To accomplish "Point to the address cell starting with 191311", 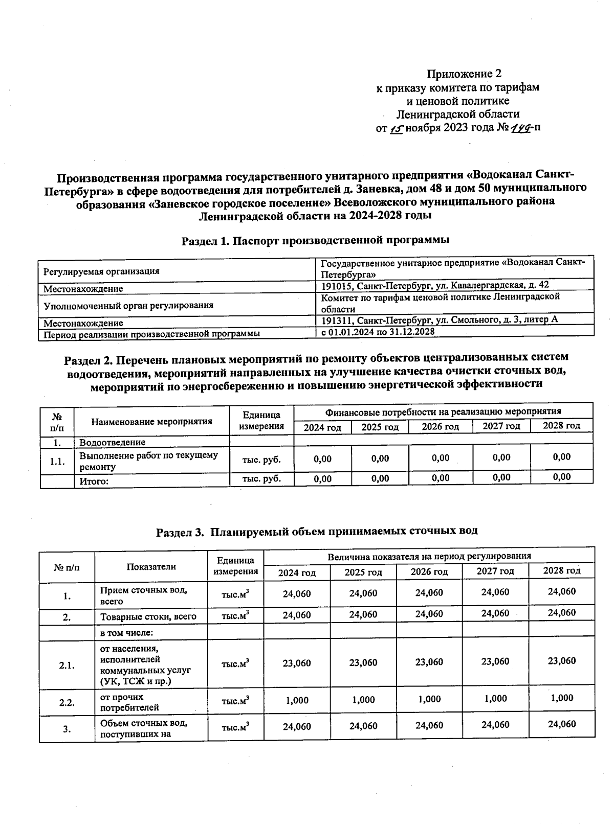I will tap(439, 320).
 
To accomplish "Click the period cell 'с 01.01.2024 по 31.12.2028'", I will tap(378, 332).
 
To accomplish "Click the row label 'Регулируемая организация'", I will tap(101, 271).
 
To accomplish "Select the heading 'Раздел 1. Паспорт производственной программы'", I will tap(315, 240).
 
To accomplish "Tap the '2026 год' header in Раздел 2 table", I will tap(440, 426).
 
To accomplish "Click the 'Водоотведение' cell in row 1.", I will tap(112, 442).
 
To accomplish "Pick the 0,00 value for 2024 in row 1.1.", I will tap(322, 459).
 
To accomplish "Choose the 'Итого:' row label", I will tap(95, 480).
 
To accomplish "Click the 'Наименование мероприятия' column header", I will tap(151, 422).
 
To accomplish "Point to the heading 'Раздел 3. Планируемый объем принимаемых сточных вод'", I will tap(317, 531).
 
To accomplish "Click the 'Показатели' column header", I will tap(151, 566).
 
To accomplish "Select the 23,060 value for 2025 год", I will tap(363, 663).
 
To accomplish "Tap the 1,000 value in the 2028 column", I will tap(561, 698).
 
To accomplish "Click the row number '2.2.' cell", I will tap(67, 702).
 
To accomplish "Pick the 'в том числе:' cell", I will tap(127, 633).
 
